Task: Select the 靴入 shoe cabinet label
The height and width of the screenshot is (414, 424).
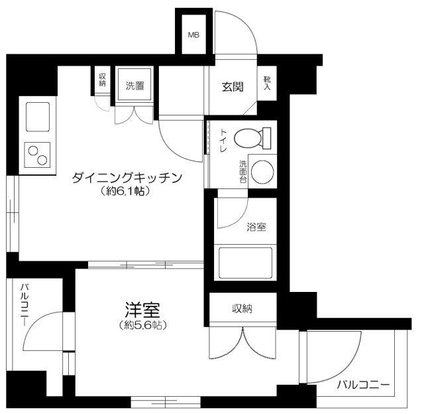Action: [x=268, y=82]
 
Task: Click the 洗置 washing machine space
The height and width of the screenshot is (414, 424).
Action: [x=135, y=85]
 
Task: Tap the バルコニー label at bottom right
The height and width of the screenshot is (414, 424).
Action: [x=362, y=384]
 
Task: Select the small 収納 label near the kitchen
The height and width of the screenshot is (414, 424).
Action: [x=103, y=80]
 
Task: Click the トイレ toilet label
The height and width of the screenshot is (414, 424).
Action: [x=223, y=141]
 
